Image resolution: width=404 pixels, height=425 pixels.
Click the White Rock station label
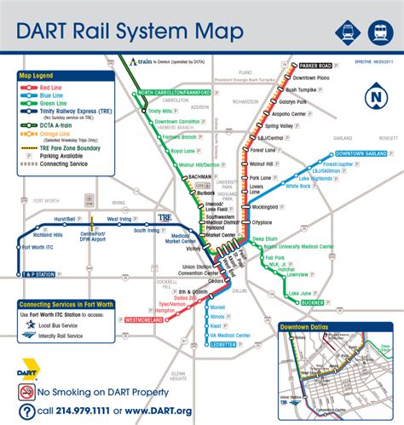298,186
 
